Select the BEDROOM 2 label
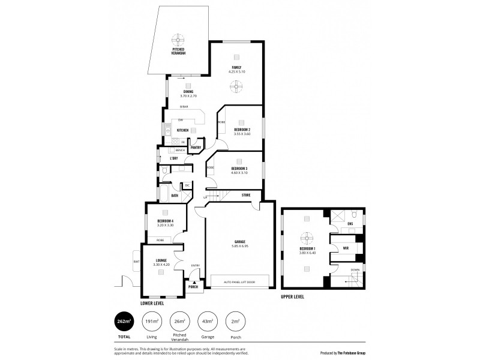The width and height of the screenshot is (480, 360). click(x=242, y=129)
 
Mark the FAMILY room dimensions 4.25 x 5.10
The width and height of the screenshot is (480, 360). click(x=236, y=71)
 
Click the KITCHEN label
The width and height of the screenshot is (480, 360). click(x=182, y=130)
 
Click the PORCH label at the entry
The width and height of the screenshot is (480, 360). click(x=193, y=287)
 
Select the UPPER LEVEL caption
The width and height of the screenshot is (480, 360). click(x=293, y=297)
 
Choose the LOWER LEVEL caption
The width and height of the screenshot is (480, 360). click(x=152, y=304)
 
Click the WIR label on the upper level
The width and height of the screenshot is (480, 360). click(x=346, y=247)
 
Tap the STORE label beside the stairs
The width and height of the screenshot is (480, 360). click(x=245, y=195)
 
